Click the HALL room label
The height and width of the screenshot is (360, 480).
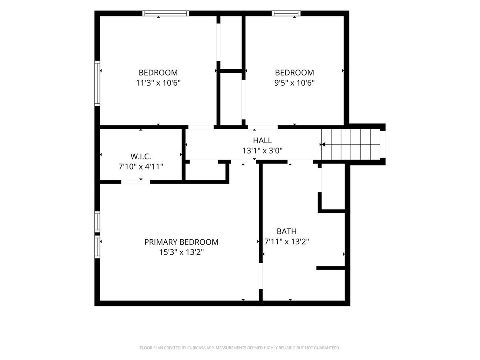click(x=262, y=140)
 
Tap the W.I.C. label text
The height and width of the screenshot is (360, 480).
click(x=141, y=156)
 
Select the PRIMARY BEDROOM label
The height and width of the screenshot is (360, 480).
click(x=181, y=242)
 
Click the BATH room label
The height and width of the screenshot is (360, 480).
click(x=286, y=231)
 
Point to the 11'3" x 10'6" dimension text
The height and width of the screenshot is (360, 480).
click(x=158, y=83)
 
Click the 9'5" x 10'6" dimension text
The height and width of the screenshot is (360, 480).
click(x=294, y=83)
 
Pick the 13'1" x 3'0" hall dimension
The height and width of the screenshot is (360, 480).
click(x=262, y=151)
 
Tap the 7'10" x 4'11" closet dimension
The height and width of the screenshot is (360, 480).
click(x=141, y=167)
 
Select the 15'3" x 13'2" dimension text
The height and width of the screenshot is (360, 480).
click(x=181, y=252)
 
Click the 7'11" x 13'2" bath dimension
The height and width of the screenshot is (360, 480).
click(x=286, y=242)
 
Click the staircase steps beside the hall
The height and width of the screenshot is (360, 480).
click(x=350, y=144)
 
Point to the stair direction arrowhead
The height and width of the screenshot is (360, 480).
click(x=323, y=144)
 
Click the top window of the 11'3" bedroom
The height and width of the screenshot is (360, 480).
click(x=166, y=13)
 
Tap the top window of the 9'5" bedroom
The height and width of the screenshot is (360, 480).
click(x=286, y=13)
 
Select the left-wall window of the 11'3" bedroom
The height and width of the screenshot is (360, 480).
click(x=97, y=83)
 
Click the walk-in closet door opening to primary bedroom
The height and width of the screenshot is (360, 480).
click(x=136, y=182)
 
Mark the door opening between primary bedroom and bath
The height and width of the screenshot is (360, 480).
click(x=261, y=276)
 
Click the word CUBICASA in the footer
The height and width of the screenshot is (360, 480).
click(x=196, y=348)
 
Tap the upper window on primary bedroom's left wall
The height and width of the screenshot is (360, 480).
click(x=97, y=222)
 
